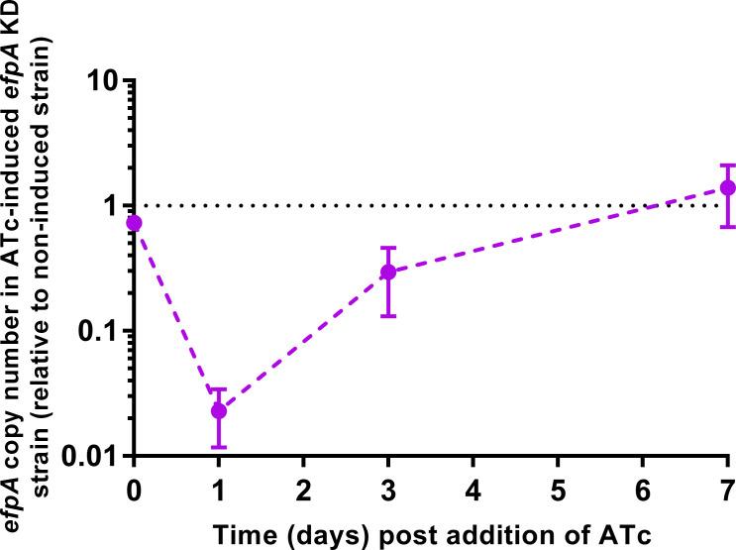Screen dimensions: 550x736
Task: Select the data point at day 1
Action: point(219,410)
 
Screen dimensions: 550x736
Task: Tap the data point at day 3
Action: point(388,272)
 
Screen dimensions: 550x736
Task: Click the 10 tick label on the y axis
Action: point(97,79)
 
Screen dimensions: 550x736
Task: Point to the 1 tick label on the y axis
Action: point(107,205)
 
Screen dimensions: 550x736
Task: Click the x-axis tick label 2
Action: point(303,489)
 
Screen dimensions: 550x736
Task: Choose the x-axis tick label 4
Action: point(473,489)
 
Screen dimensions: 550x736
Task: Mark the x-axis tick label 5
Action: point(558,489)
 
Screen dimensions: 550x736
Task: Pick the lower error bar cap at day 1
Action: point(219,447)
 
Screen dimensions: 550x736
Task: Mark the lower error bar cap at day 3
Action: point(388,315)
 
